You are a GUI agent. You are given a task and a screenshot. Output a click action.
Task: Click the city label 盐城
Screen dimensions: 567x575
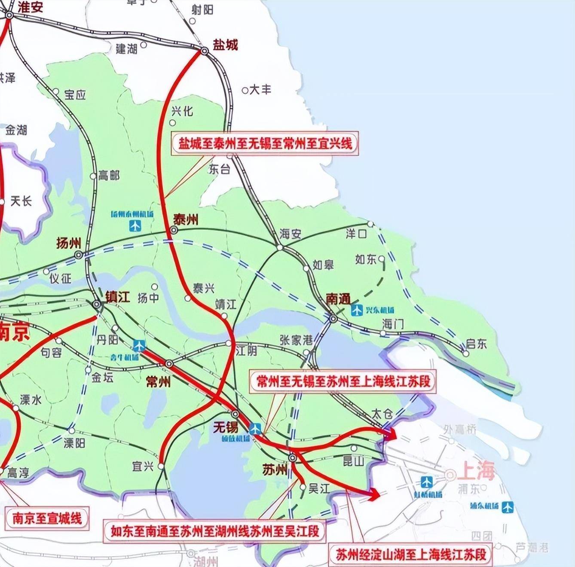tap(225, 45)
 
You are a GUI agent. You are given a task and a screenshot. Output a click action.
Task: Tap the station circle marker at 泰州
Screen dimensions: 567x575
tap(174, 231)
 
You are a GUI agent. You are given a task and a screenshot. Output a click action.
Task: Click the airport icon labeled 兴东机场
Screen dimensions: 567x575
tap(357, 310)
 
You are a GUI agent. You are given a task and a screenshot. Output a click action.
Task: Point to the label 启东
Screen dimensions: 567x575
tap(477, 344)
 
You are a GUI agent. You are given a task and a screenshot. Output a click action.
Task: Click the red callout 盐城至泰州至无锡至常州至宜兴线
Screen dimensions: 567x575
tap(265, 143)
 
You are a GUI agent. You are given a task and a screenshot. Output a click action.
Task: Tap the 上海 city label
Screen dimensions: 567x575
tap(476, 471)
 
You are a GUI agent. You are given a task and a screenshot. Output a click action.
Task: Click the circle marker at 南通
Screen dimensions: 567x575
tap(333, 319)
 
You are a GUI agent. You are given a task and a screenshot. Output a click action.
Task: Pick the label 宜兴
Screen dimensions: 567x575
tap(143, 466)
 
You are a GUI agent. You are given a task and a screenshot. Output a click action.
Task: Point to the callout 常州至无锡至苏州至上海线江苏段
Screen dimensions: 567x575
tap(343, 381)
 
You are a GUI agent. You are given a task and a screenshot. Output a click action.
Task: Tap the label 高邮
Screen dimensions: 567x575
tap(109, 175)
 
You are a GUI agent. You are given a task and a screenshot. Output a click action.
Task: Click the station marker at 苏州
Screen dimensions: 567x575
tap(293, 458)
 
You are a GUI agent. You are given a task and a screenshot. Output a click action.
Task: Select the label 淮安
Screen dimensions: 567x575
tap(30, 7)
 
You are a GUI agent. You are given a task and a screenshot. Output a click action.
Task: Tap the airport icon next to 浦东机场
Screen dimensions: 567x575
tap(508, 507)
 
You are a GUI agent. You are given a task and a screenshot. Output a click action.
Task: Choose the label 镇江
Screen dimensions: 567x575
tap(117, 297)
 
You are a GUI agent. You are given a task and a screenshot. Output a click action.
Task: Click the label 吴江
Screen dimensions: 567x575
tap(319, 488)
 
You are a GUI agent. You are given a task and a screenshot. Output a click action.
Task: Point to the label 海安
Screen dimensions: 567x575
tap(291, 234)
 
